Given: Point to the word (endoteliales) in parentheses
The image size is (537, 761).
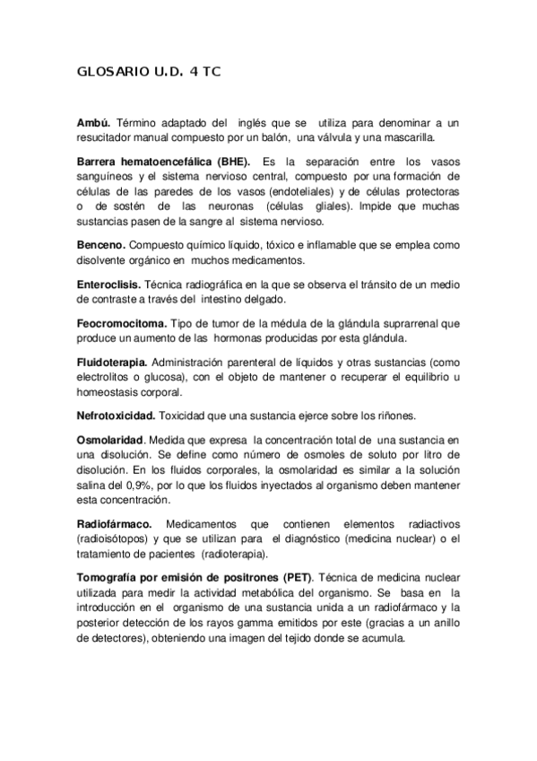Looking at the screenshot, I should point(276,193).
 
